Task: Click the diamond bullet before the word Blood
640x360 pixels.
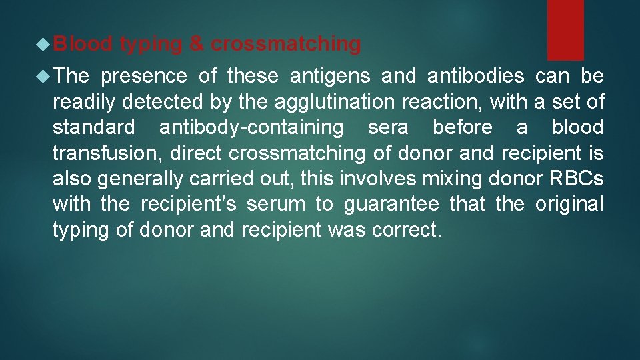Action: click(x=44, y=44)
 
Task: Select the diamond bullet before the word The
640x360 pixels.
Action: click(x=44, y=76)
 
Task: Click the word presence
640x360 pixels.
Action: click(x=143, y=77)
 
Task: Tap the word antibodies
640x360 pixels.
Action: click(x=471, y=77)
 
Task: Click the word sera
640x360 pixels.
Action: click(x=388, y=127)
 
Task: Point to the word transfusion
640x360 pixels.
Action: click(x=107, y=153)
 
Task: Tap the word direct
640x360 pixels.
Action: click(x=197, y=153)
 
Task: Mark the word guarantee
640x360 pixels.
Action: click(x=391, y=204)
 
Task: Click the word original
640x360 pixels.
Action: click(x=569, y=203)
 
